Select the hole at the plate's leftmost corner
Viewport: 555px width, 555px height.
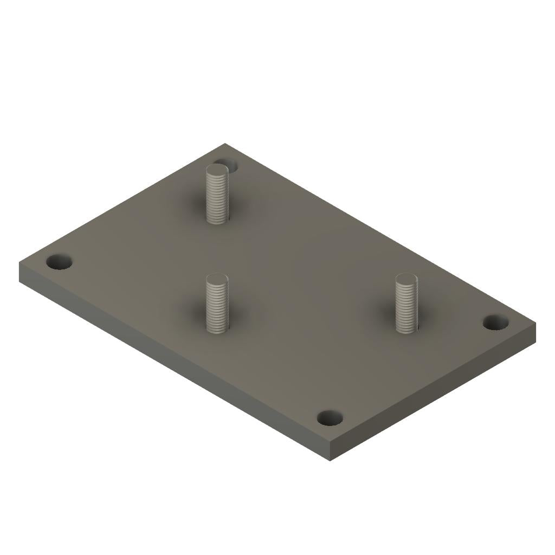[x=59, y=263]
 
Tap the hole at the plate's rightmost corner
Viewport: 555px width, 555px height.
[x=495, y=322]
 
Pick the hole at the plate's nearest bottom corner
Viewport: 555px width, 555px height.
[x=330, y=418]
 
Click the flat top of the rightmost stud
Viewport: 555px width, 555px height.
[x=406, y=280]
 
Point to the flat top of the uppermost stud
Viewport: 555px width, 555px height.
[x=217, y=171]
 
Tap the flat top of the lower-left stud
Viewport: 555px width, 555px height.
[x=217, y=280]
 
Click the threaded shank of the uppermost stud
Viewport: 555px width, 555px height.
[x=217, y=198]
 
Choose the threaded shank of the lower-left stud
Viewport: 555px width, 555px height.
[x=217, y=306]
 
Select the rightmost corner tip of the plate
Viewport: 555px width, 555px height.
[x=535, y=324]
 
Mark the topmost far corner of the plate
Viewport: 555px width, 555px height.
[x=225, y=144]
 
